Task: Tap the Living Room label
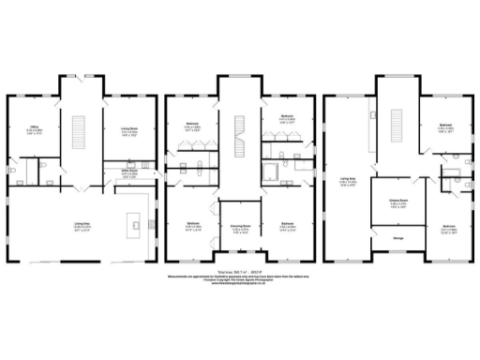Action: [117, 132]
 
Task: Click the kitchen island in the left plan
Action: [135, 223]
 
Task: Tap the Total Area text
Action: [241, 270]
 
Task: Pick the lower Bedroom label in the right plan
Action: [449, 228]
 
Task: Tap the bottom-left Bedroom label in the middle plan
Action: [192, 226]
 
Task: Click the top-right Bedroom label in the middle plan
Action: [288, 118]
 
